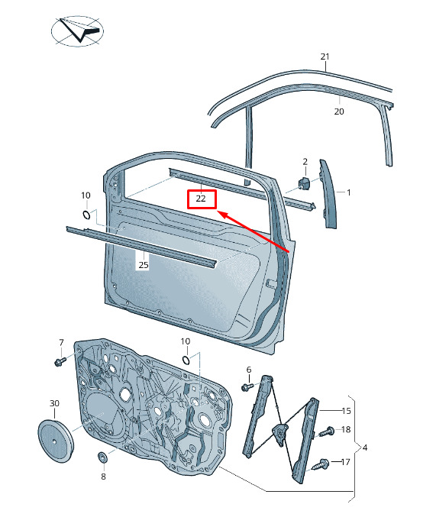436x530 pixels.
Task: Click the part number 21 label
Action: tap(325, 57)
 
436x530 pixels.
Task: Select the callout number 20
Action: tap(339, 111)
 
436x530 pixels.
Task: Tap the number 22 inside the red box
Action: tap(201, 199)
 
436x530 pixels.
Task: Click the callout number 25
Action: tap(144, 265)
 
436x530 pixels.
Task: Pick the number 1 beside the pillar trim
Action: tap(348, 192)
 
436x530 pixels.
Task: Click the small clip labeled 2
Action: tap(304, 183)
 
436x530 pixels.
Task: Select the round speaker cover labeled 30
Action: tap(55, 441)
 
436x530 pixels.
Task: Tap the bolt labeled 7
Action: tap(60, 362)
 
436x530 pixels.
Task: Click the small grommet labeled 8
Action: tap(102, 457)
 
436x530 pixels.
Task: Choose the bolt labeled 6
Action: tap(247, 386)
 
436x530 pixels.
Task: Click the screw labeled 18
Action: tap(327, 431)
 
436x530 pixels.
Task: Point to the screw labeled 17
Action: tap(321, 464)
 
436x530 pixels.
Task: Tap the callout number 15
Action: tap(346, 411)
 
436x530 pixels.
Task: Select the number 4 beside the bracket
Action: tap(365, 448)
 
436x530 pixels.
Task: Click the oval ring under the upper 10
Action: tap(86, 215)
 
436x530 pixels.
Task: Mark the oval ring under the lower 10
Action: tap(186, 360)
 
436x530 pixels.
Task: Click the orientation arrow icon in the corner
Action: tap(77, 31)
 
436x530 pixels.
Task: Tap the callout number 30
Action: tap(54, 403)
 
